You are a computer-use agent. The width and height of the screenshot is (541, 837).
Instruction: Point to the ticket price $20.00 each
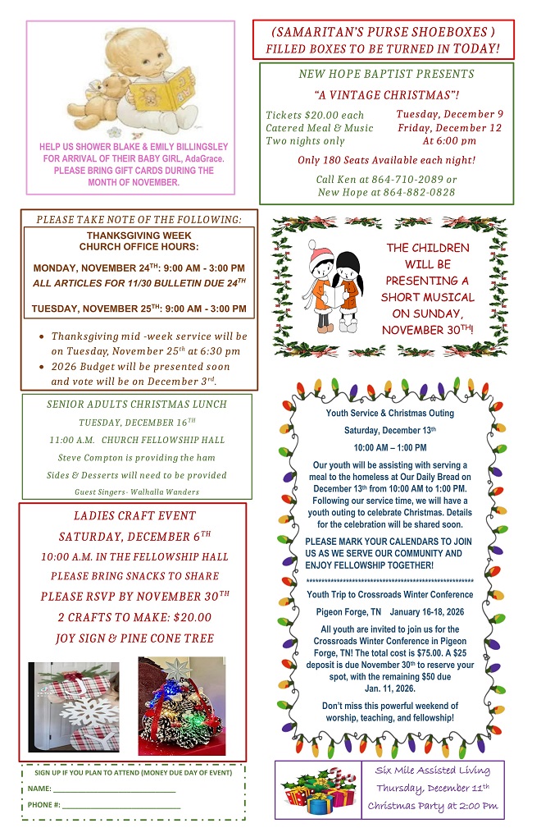315,115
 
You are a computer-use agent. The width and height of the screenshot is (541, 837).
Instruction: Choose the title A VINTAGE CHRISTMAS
387,94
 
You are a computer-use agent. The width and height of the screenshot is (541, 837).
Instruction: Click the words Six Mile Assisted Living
432,770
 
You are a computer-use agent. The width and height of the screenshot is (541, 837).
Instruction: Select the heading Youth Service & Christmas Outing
389,413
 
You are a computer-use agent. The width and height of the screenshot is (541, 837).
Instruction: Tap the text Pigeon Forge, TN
348,612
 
